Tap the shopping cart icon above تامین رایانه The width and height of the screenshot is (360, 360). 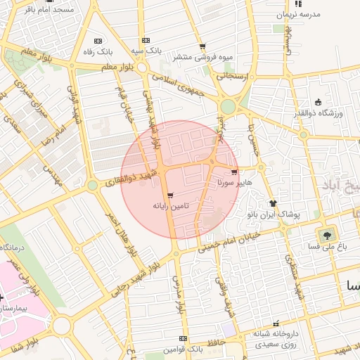[x=171, y=196]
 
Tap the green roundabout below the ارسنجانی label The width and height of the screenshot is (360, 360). [x=227, y=107]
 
